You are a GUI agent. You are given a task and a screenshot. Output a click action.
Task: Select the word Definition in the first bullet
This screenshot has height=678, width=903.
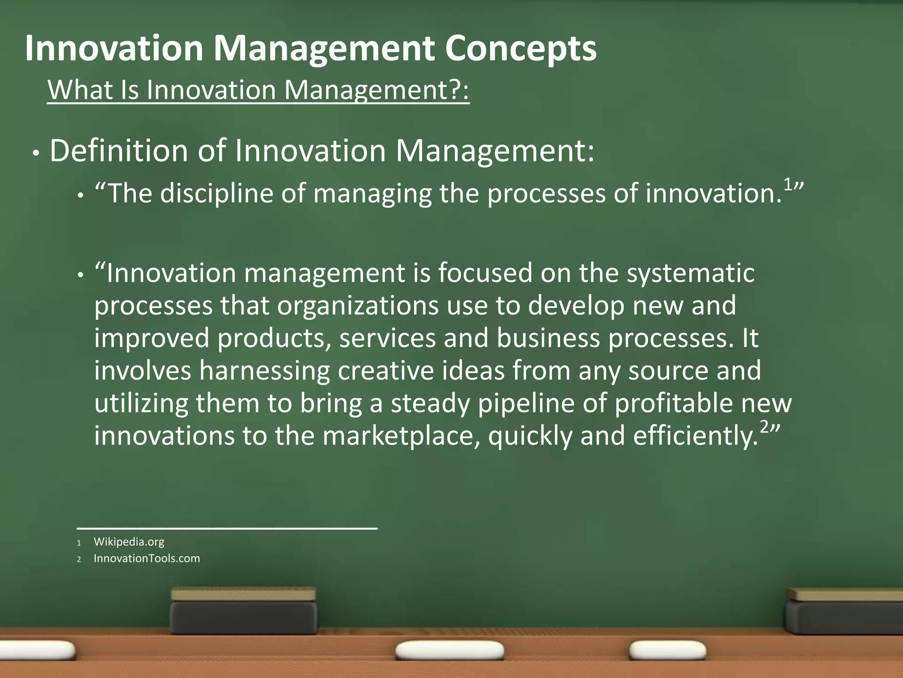(x=119, y=151)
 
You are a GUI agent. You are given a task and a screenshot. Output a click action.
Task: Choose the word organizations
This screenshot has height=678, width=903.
(x=358, y=305)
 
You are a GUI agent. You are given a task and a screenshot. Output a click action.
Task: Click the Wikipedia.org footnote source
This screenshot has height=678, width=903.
(x=129, y=542)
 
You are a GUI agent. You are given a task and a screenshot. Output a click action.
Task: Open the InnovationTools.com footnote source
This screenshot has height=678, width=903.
(x=146, y=558)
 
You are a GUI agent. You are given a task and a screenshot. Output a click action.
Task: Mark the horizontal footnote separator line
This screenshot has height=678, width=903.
(x=227, y=527)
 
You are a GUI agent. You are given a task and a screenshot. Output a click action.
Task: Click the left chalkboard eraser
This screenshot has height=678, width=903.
(x=243, y=611)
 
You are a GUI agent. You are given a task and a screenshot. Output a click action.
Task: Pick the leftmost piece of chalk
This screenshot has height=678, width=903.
(x=37, y=649)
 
